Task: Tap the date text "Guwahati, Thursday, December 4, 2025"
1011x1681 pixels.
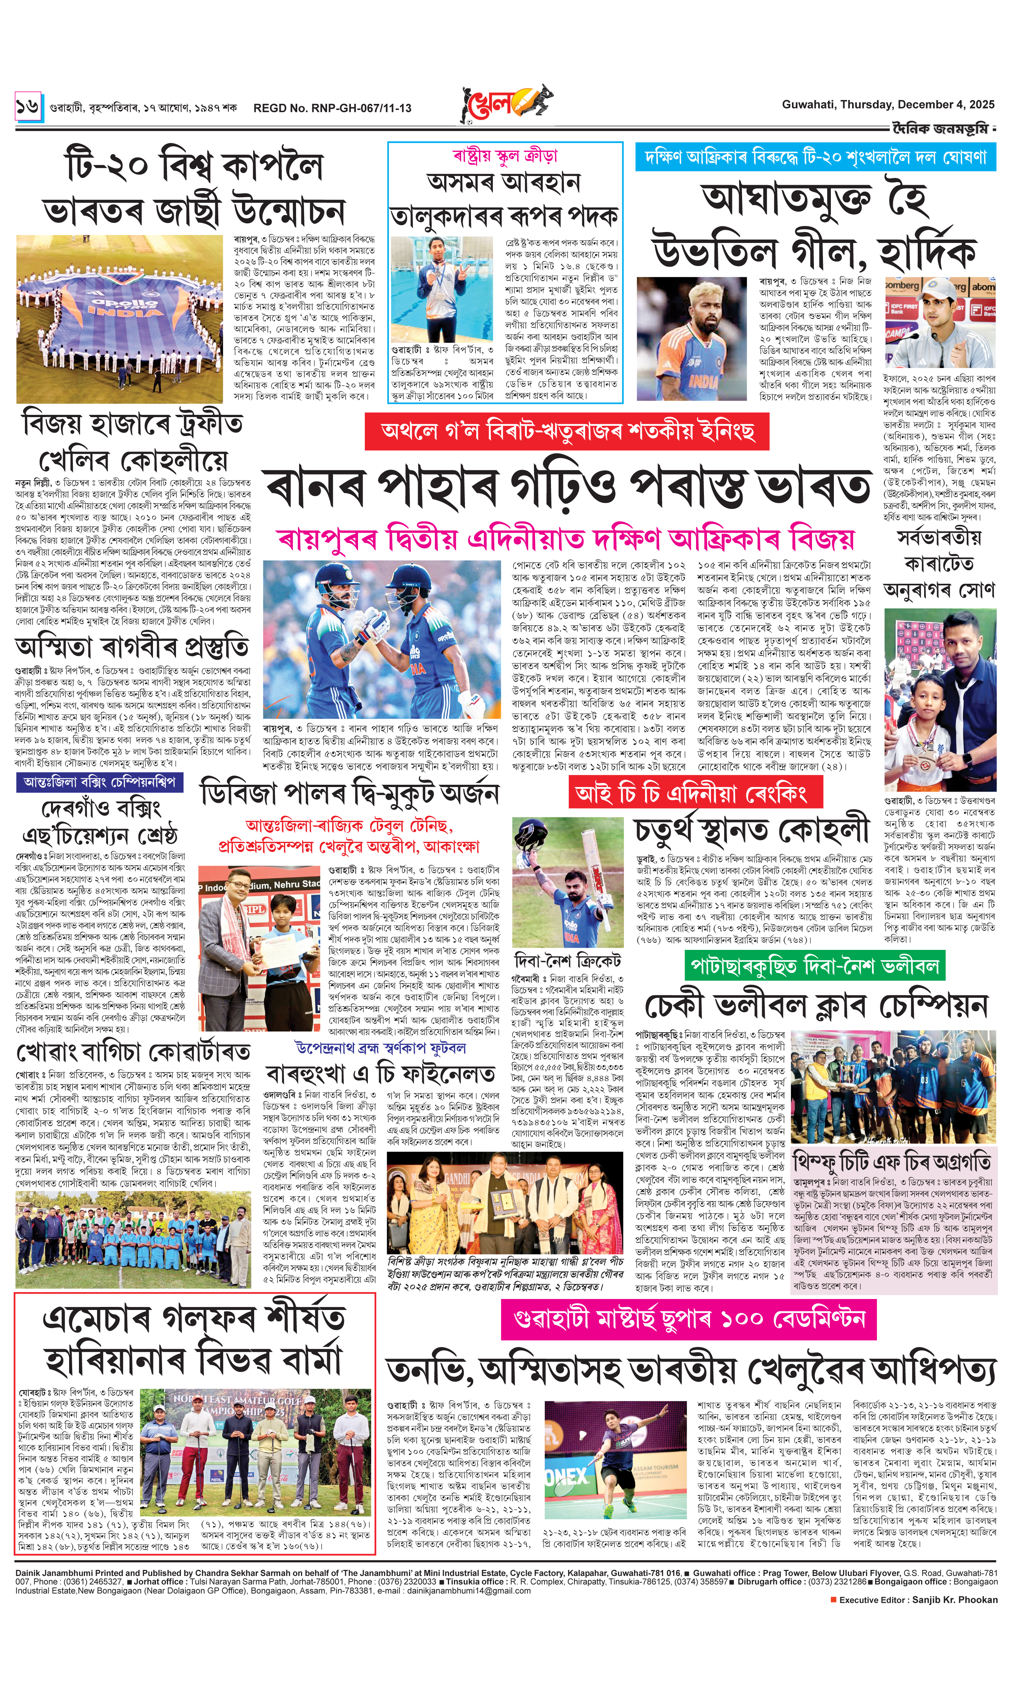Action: (x=887, y=104)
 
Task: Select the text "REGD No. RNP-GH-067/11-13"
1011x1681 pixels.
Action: (x=332, y=108)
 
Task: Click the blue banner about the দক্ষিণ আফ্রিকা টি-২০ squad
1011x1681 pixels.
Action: (x=815, y=158)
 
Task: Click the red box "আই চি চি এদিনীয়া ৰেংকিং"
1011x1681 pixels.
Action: (x=695, y=792)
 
